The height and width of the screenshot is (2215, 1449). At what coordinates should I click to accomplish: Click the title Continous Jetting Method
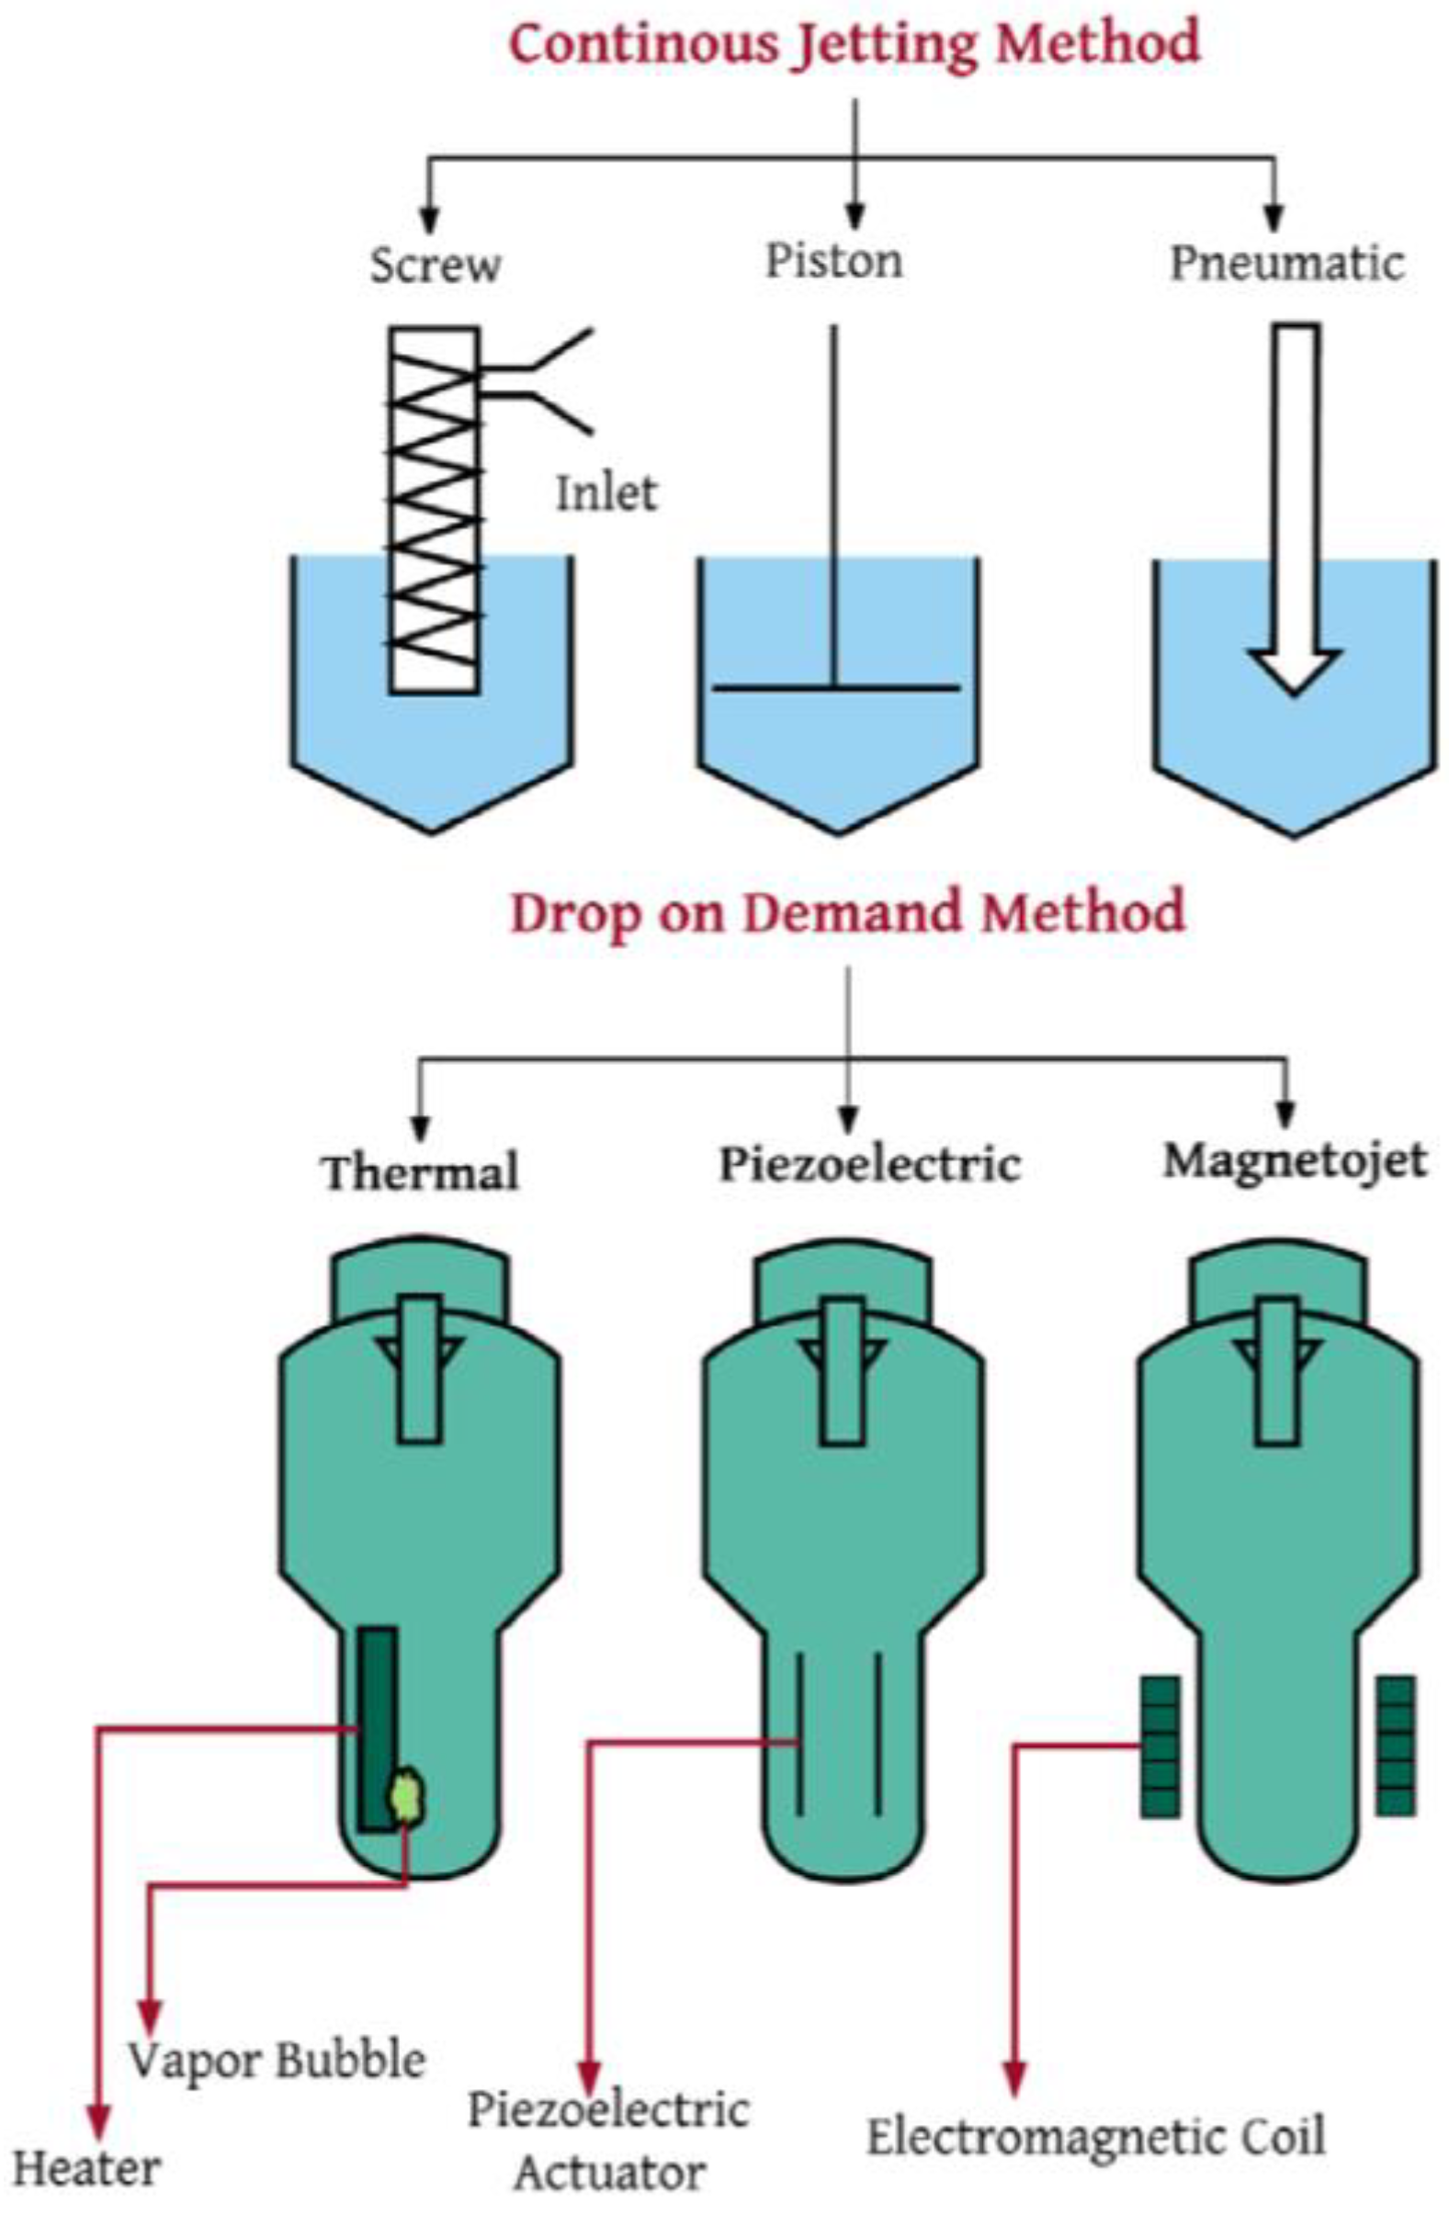[x=855, y=45]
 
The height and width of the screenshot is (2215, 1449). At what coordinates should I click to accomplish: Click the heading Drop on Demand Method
[x=847, y=912]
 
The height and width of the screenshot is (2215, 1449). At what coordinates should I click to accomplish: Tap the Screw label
[x=435, y=266]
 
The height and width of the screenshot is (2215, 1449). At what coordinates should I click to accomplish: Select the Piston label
[x=834, y=261]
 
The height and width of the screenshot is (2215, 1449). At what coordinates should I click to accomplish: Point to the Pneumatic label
[x=1285, y=264]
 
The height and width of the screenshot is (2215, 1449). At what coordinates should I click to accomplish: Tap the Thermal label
[x=421, y=1170]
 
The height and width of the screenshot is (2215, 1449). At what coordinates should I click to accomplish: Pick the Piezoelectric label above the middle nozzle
[x=869, y=1163]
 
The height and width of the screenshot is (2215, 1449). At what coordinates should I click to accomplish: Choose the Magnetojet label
[x=1295, y=1160]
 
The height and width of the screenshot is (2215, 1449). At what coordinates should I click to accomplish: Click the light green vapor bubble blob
[x=408, y=1794]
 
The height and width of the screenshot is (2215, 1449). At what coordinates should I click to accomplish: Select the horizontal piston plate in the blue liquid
[x=835, y=688]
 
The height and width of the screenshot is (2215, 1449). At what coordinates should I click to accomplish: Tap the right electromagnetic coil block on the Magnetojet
[x=1395, y=1745]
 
